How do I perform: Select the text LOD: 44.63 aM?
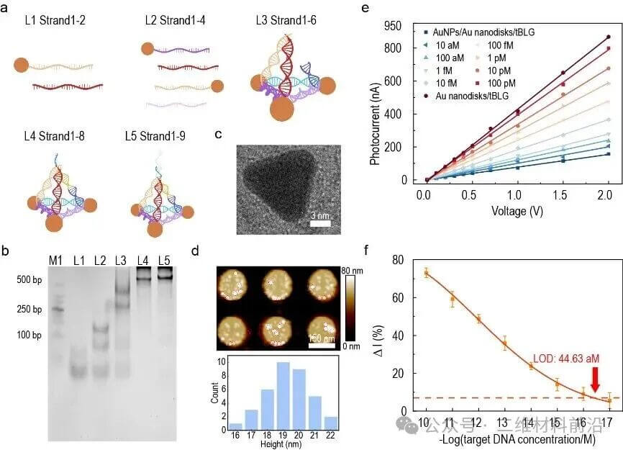[x=565, y=358]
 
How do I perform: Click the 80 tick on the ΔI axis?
[x=409, y=259]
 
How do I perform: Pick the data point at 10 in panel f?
[x=426, y=273]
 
